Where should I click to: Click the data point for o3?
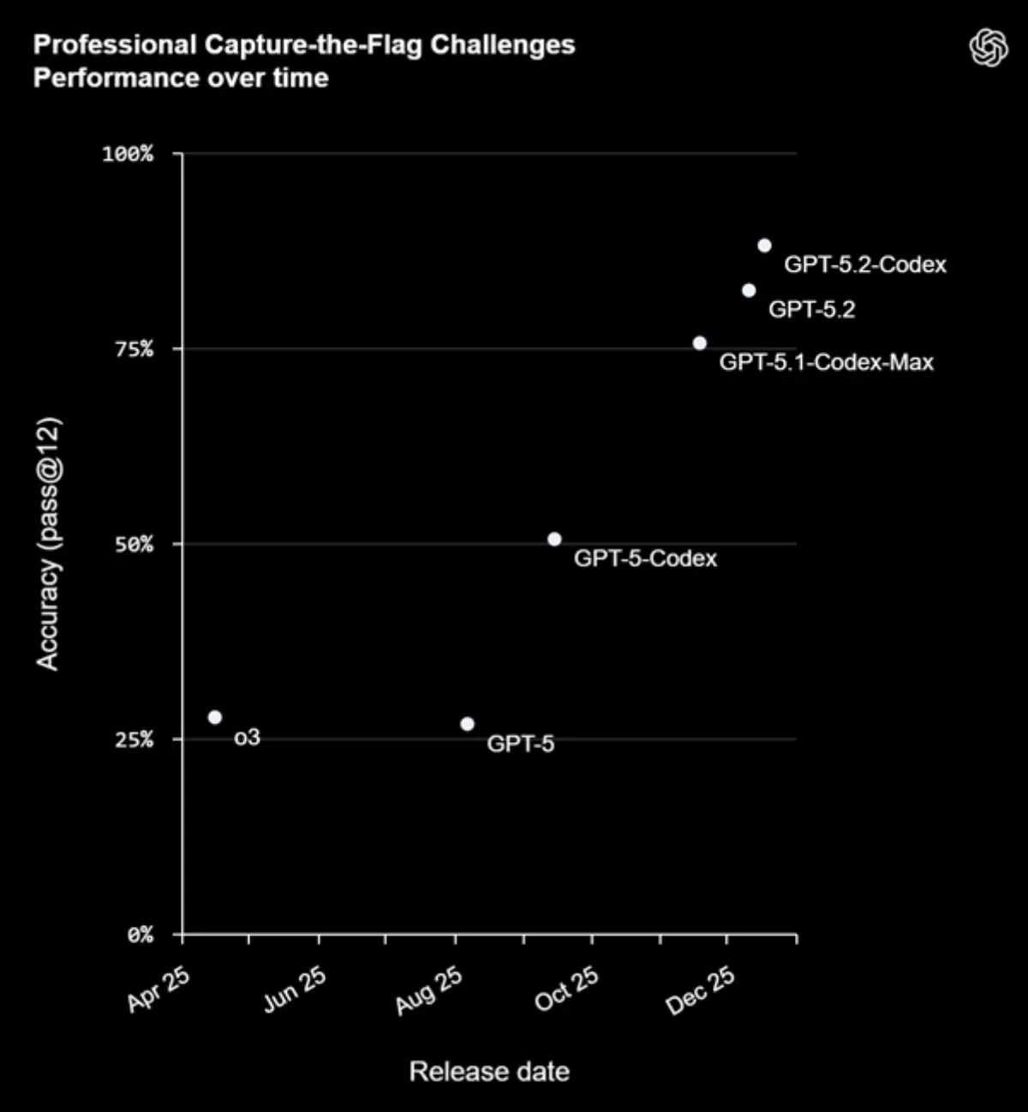coord(215,717)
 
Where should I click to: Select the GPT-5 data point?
coord(467,724)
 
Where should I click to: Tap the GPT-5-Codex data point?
coord(554,539)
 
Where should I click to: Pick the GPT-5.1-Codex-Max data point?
coord(700,343)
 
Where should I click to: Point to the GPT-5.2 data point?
coord(749,290)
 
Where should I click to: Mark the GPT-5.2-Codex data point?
coord(764,245)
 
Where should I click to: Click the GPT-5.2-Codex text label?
coord(865,265)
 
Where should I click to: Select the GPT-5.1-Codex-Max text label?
coord(826,362)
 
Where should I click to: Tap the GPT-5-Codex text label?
coord(645,559)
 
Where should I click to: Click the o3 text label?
coord(247,737)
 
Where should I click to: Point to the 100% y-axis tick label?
coord(128,154)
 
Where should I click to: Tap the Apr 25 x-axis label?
coord(159,989)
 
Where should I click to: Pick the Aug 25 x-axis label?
coord(429,990)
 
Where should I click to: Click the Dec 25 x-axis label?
coord(701,990)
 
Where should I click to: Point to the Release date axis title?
coord(489,1072)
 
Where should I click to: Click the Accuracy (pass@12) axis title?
coord(49,544)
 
